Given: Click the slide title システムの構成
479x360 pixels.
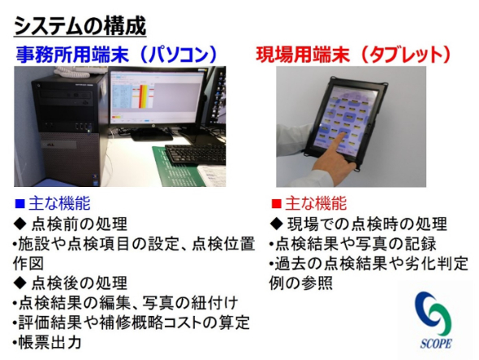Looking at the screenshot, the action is click(80, 26).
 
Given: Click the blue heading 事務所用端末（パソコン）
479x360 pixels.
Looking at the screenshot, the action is click(116, 54).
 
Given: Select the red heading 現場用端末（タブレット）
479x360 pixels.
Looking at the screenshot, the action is click(353, 54).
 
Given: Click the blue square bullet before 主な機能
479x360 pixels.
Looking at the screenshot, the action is click(19, 203).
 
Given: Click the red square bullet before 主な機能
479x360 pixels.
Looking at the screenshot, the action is click(276, 203).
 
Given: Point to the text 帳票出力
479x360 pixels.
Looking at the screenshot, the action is click(50, 342).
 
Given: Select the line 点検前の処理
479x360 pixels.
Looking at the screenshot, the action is click(71, 224).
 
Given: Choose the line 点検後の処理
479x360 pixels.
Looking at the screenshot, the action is click(71, 283).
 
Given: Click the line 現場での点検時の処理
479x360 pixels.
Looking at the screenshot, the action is click(359, 224).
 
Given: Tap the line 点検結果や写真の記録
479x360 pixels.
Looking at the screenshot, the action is click(353, 244).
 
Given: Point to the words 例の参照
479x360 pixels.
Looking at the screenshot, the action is click(301, 283).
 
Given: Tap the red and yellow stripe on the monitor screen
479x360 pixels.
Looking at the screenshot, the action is click(143, 97).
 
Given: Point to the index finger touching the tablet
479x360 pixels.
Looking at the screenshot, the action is click(339, 144).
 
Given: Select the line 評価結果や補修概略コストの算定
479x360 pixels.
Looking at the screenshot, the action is click(132, 323).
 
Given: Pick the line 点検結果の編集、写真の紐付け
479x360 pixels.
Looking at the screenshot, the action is click(126, 303).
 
